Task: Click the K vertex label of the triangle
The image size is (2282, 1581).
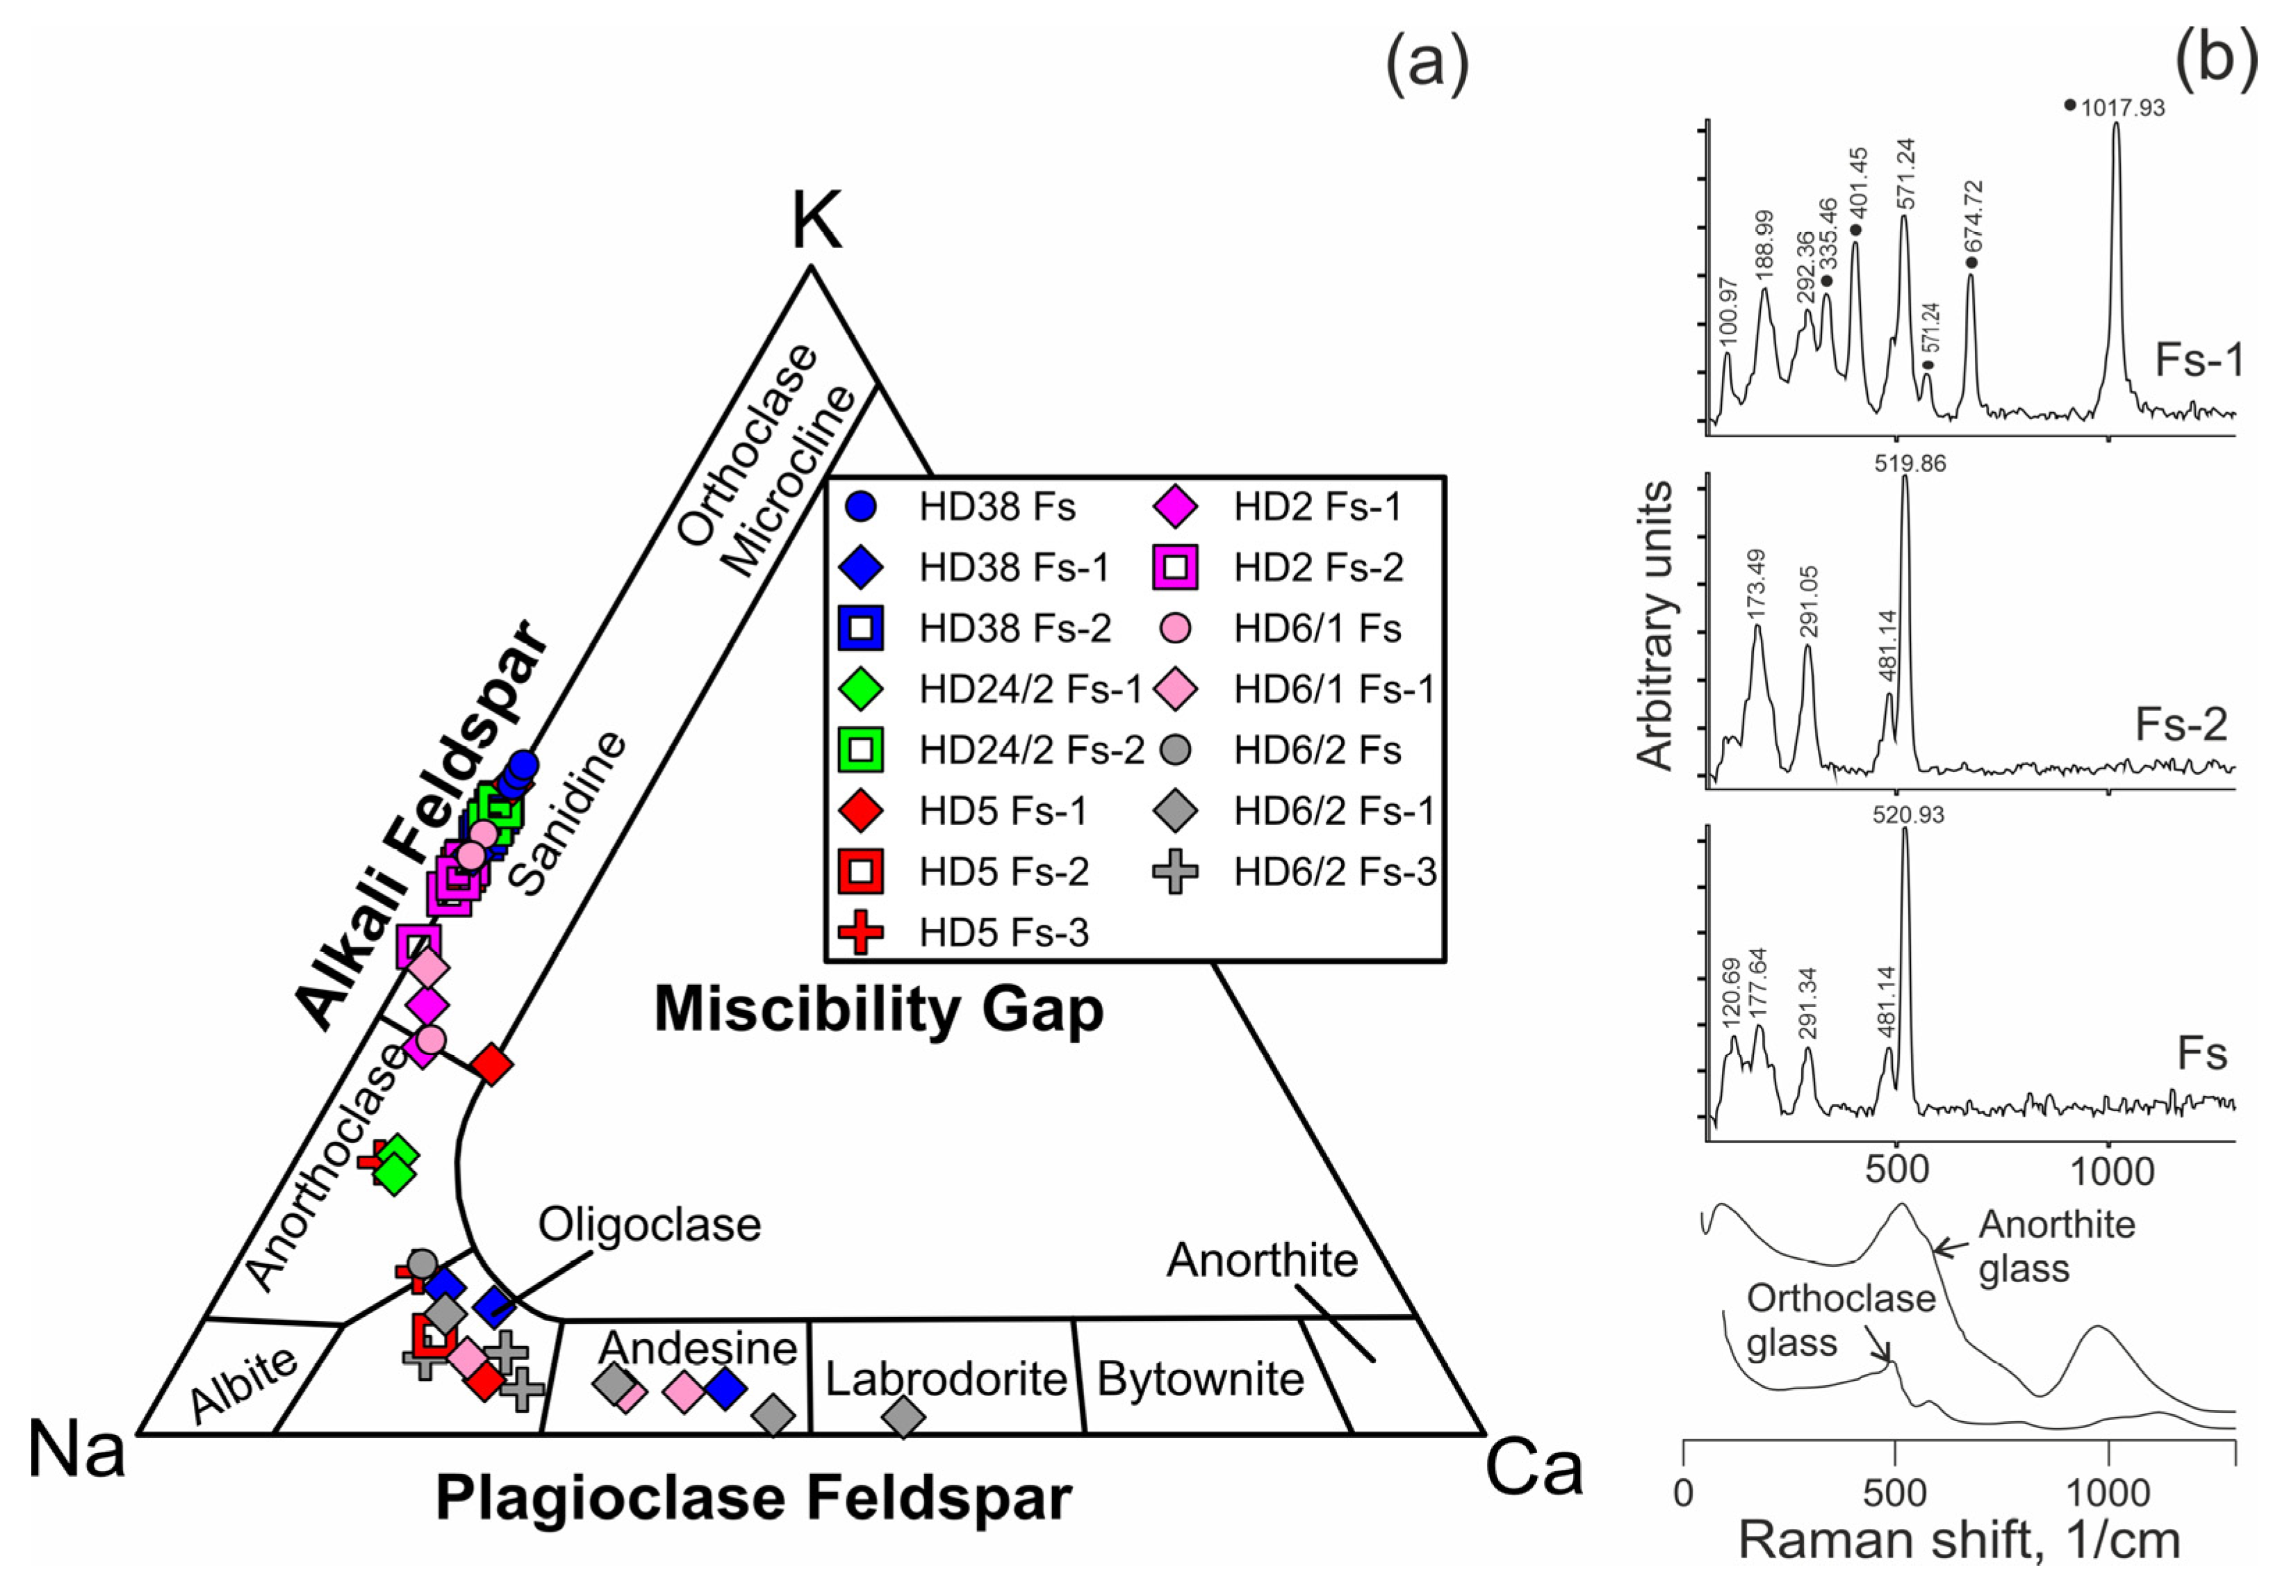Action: point(816,222)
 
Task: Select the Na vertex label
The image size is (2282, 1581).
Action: point(76,1449)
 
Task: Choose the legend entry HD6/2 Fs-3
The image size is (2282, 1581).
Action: point(1334,871)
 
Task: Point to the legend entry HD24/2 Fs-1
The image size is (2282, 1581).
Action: point(1030,689)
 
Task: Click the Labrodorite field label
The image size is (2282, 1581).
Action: point(946,1378)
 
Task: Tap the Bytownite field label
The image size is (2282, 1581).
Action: point(1201,1378)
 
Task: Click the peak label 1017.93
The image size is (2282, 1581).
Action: point(2123,108)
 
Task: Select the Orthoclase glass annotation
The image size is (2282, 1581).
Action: point(1840,1320)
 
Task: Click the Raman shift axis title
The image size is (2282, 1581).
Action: point(1958,1541)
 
